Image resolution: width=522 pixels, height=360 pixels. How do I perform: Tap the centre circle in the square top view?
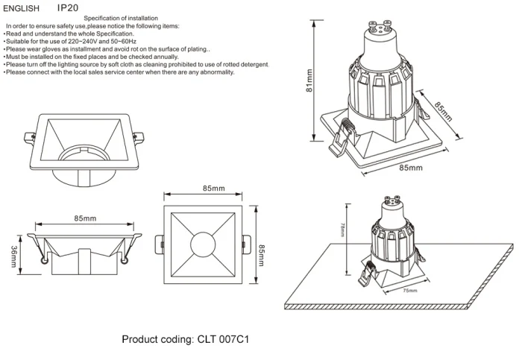(x=203, y=245)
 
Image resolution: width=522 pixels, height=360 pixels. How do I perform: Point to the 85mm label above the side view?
(x=85, y=218)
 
